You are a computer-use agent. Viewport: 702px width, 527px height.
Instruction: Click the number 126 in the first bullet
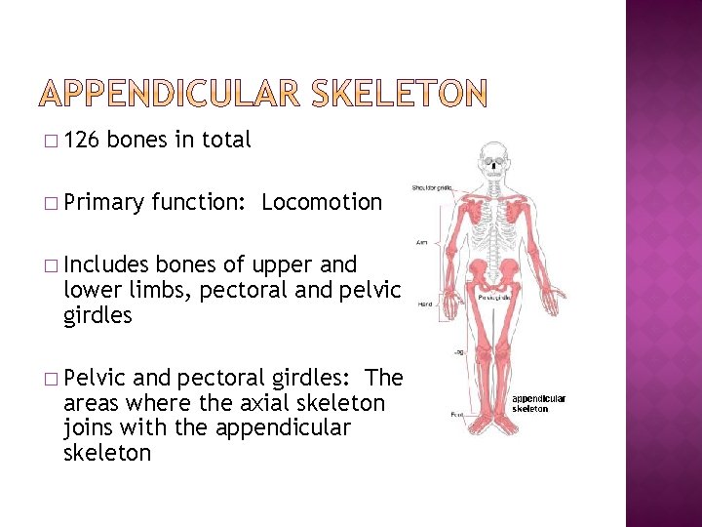tap(81, 141)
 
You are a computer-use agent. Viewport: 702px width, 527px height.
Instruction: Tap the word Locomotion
tap(322, 203)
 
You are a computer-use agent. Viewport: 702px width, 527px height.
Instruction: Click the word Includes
tap(105, 264)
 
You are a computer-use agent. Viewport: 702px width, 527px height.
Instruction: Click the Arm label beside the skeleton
tap(423, 243)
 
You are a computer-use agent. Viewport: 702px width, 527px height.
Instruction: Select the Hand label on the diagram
tap(426, 304)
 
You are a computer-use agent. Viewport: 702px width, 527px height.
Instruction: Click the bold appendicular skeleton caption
tap(539, 403)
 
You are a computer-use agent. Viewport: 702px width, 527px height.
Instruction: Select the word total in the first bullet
tap(225, 141)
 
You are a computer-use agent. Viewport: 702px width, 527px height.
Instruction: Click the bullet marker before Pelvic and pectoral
tap(50, 378)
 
